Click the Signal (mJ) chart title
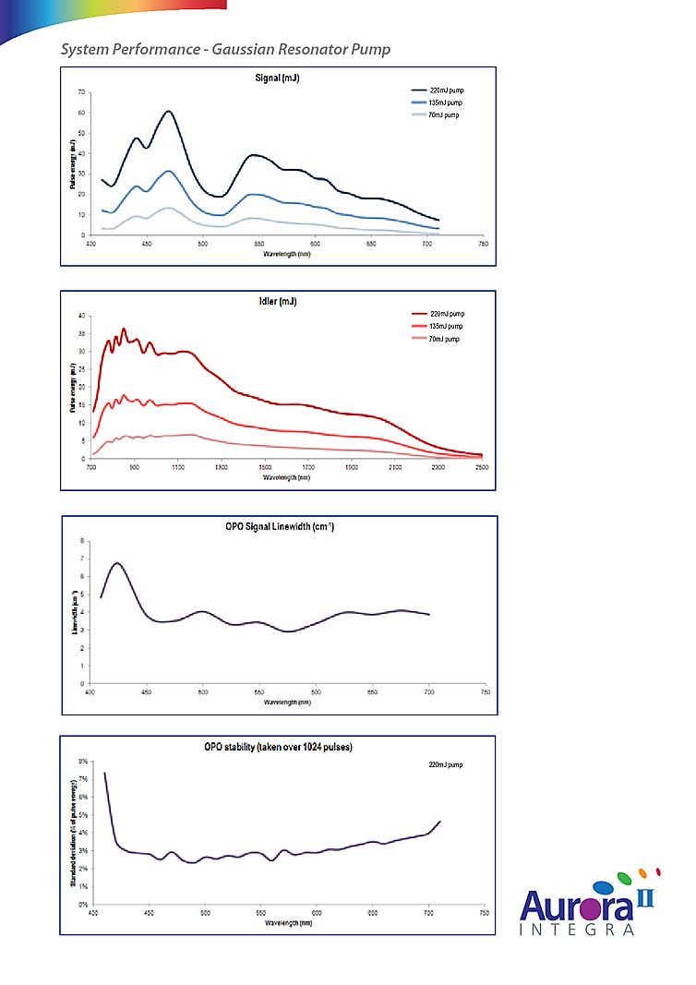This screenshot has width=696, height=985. point(278,78)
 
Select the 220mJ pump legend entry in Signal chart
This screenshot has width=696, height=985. point(445,90)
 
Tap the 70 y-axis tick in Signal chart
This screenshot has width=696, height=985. point(82,92)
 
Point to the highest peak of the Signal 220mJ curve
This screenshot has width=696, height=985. point(169,111)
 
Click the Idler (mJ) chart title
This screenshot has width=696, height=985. point(278,302)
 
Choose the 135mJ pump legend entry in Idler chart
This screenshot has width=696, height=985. point(447,326)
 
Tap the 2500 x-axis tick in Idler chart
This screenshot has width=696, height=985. point(481,468)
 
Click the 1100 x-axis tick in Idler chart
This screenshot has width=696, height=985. point(178,468)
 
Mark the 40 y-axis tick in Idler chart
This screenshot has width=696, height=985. point(81,316)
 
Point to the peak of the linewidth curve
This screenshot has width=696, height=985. point(116,562)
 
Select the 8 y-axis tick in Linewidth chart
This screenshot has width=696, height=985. point(82,540)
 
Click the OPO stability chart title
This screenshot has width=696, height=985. point(278,747)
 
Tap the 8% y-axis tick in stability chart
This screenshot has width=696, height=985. point(81,762)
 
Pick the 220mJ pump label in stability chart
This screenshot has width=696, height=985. point(447,765)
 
